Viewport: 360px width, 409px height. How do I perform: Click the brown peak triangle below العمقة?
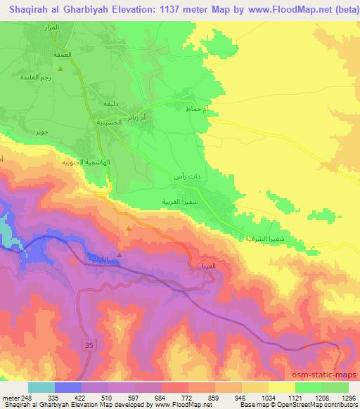[60, 69]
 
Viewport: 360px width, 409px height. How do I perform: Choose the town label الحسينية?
[109, 122]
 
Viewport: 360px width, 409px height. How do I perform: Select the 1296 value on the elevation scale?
[348, 397]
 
